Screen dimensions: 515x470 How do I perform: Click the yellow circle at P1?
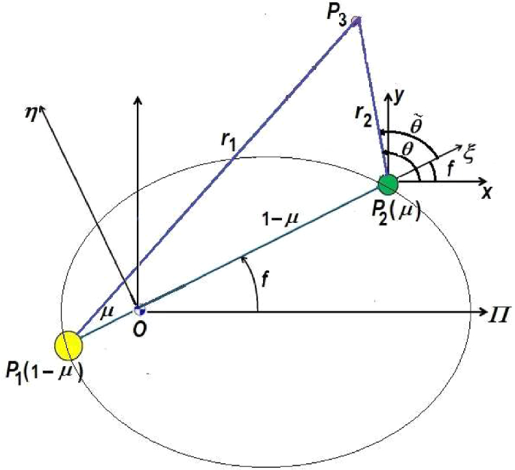pos(68,345)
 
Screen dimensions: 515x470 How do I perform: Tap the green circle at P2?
pos(387,183)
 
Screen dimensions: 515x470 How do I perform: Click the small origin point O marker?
pos(138,310)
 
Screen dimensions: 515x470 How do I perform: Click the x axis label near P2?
pos(487,194)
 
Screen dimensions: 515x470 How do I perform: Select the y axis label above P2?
pos(402,93)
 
